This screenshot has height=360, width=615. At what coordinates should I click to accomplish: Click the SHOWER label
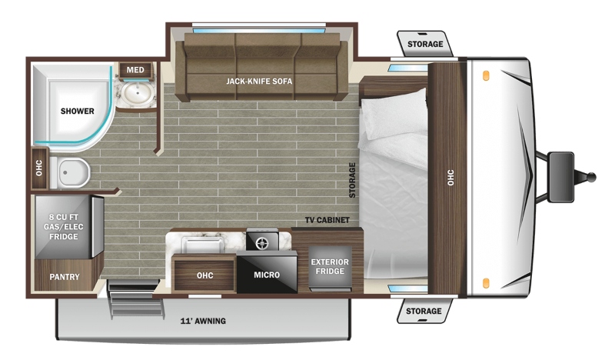[78, 111]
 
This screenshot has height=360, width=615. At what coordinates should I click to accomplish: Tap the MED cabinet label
[135, 70]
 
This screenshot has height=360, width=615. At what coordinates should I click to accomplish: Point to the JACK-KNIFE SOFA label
[259, 82]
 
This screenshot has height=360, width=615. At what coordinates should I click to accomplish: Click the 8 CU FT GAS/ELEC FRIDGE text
[64, 226]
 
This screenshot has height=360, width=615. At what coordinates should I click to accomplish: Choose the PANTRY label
[65, 277]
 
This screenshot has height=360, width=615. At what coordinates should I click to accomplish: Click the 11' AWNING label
[203, 321]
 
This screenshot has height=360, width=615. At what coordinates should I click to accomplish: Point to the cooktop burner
[260, 244]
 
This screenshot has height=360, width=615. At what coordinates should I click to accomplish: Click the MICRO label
[267, 275]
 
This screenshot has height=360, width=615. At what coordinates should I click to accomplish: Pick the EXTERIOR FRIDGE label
[330, 267]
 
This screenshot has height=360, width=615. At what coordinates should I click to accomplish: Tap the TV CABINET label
[327, 220]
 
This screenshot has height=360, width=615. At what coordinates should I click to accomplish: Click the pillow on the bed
[394, 114]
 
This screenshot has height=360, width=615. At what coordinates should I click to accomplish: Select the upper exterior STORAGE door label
[425, 44]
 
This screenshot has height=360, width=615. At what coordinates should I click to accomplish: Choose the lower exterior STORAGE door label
[424, 312]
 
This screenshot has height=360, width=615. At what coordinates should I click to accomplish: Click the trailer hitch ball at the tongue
[591, 177]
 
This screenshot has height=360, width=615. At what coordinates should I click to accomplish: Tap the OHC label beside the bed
[450, 178]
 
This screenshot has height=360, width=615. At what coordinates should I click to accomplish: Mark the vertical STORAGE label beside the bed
[352, 180]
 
